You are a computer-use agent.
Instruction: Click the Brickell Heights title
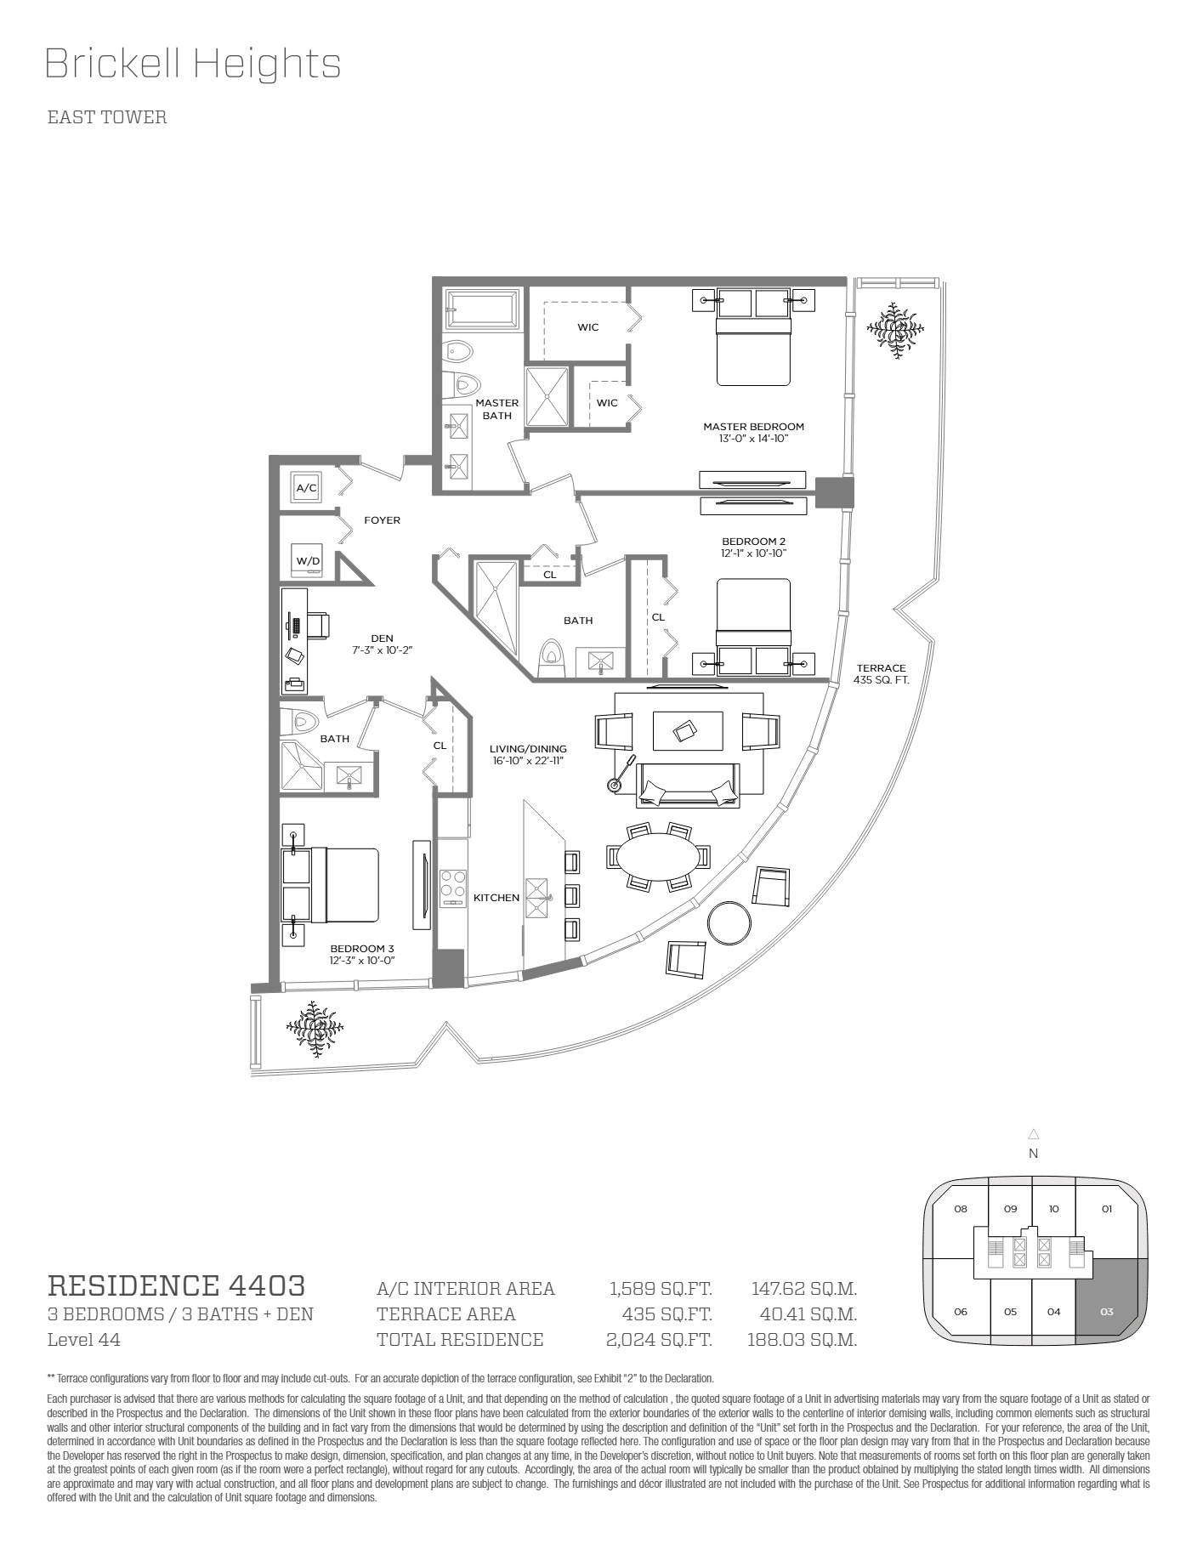[193, 64]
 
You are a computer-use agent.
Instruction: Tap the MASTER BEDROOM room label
[753, 427]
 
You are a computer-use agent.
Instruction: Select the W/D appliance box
[306, 560]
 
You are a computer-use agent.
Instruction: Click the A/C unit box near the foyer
[306, 487]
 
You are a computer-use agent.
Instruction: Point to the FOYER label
[382, 520]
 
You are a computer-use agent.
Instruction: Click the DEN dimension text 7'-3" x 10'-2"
[383, 650]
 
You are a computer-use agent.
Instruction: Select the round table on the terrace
[729, 922]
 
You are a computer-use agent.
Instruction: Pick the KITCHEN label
[496, 898]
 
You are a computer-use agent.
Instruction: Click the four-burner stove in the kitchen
[453, 888]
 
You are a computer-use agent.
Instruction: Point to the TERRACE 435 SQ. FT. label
[882, 674]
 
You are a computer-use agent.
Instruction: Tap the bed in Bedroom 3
[331, 884]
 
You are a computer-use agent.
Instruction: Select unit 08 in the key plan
[961, 1209]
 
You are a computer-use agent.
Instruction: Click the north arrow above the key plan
[1034, 1133]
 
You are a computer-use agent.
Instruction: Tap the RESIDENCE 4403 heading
[176, 1285]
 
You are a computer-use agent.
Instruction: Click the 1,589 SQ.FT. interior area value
[661, 1289]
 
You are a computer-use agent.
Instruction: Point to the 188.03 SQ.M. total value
[802, 1340]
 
